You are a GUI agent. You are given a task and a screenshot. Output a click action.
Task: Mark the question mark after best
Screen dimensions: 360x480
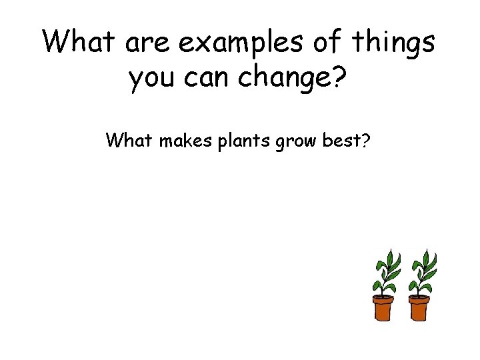coord(365,141)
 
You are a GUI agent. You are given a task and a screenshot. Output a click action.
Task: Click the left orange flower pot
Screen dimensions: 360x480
coord(384,309)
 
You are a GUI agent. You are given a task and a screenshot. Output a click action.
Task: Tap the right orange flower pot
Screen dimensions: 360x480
coord(419,309)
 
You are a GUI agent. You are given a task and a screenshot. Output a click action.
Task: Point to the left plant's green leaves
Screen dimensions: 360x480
coord(386,270)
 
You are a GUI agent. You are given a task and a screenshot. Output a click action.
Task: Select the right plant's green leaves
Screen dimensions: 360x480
coord(423,270)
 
